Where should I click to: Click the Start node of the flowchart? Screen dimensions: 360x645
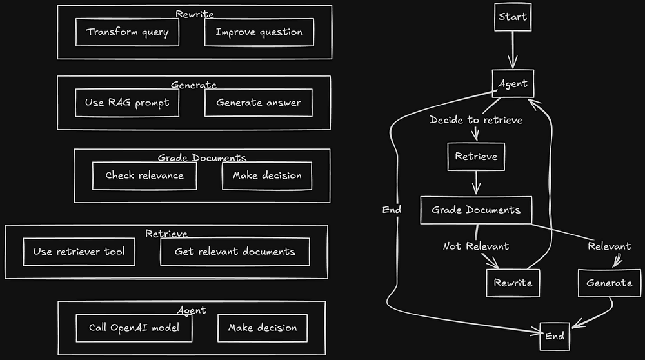click(513, 17)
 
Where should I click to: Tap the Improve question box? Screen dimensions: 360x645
click(259, 32)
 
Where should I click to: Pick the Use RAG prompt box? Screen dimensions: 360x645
click(126, 103)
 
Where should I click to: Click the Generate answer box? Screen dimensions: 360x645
click(258, 103)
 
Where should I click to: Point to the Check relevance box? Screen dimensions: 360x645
click(144, 175)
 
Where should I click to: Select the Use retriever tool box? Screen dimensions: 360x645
click(79, 252)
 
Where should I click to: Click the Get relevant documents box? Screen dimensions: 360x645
click(235, 252)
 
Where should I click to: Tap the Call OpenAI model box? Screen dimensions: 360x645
click(134, 328)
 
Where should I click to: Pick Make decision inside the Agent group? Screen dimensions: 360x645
click(262, 328)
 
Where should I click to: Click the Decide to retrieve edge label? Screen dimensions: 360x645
click(476, 120)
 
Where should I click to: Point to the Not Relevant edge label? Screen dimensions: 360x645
click(476, 246)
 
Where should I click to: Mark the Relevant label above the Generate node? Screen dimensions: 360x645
click(610, 246)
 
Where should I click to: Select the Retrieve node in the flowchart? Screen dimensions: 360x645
click(476, 157)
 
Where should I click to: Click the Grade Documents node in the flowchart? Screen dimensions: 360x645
click(476, 210)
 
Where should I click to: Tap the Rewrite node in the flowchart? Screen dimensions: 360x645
click(513, 283)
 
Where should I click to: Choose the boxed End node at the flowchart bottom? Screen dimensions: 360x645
click(555, 335)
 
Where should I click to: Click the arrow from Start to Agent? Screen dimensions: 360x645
click(513, 50)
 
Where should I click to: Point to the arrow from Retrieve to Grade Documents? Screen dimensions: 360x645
click(477, 183)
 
